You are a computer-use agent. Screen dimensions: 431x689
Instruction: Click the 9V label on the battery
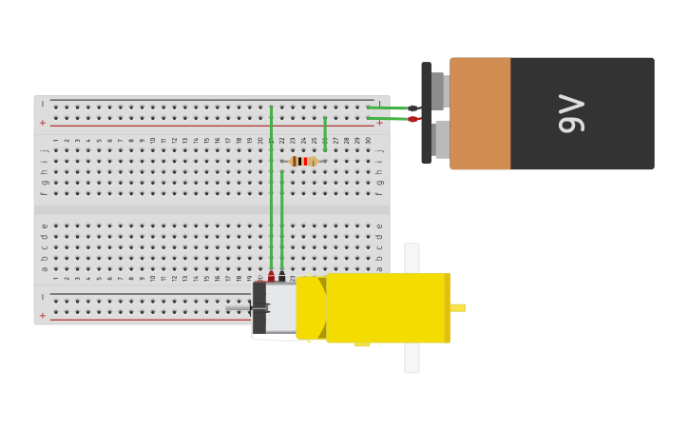[x=571, y=113]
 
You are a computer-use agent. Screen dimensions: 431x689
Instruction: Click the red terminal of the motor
[x=271, y=276]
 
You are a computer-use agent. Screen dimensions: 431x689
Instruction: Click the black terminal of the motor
[x=282, y=276]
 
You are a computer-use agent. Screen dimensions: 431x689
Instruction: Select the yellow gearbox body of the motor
[x=386, y=306]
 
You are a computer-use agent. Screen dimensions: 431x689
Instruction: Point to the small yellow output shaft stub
[x=458, y=307]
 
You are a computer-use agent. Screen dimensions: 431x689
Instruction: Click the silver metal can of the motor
[x=280, y=308]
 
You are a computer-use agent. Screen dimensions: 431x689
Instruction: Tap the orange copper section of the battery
[x=480, y=113]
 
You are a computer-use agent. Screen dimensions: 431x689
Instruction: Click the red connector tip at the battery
[x=412, y=119]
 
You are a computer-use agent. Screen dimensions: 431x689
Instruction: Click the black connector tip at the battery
[x=412, y=108]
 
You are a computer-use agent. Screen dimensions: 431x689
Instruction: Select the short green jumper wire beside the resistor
[x=325, y=134]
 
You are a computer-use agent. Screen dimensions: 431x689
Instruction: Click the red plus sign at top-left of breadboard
[x=43, y=123]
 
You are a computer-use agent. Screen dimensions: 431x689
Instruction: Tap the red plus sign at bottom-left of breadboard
[x=43, y=315]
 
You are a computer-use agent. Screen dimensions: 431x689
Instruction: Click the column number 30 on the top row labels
[x=368, y=140]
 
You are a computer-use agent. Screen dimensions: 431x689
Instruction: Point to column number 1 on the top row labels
[x=56, y=140]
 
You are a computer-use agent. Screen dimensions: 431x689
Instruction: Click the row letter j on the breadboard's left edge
[x=43, y=149]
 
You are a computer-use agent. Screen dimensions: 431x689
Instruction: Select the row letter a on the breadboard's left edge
[x=43, y=268]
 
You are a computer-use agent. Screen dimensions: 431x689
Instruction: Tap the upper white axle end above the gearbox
[x=411, y=256]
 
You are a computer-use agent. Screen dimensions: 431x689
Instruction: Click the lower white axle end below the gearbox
[x=411, y=359]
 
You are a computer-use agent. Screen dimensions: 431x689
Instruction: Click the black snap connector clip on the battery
[x=427, y=113]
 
